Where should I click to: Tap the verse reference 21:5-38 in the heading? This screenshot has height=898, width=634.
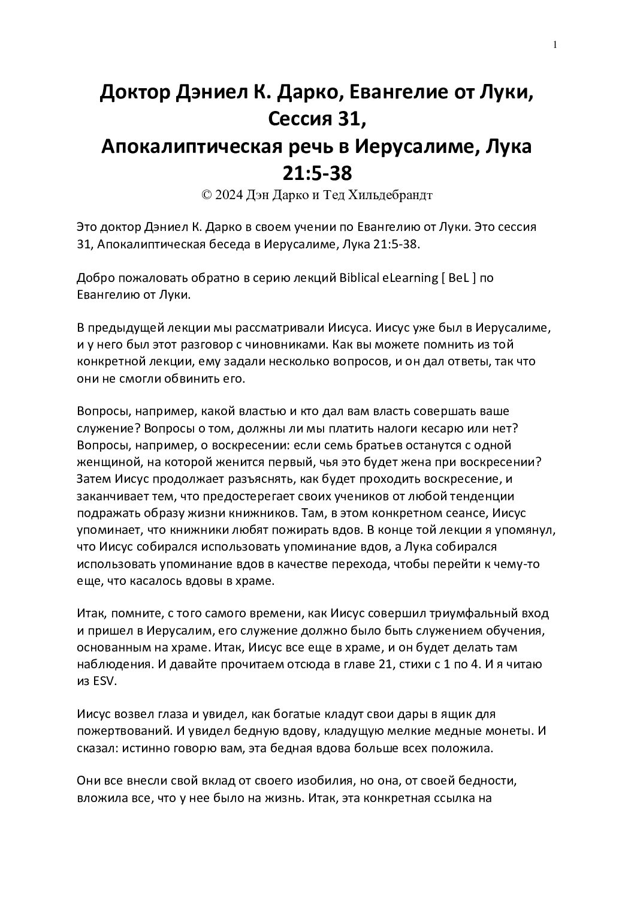coord(316,173)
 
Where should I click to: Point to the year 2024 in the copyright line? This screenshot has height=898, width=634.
coord(228,195)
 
